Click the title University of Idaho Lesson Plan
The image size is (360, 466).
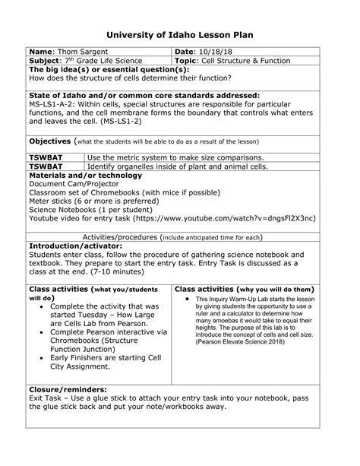[x=179, y=35]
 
